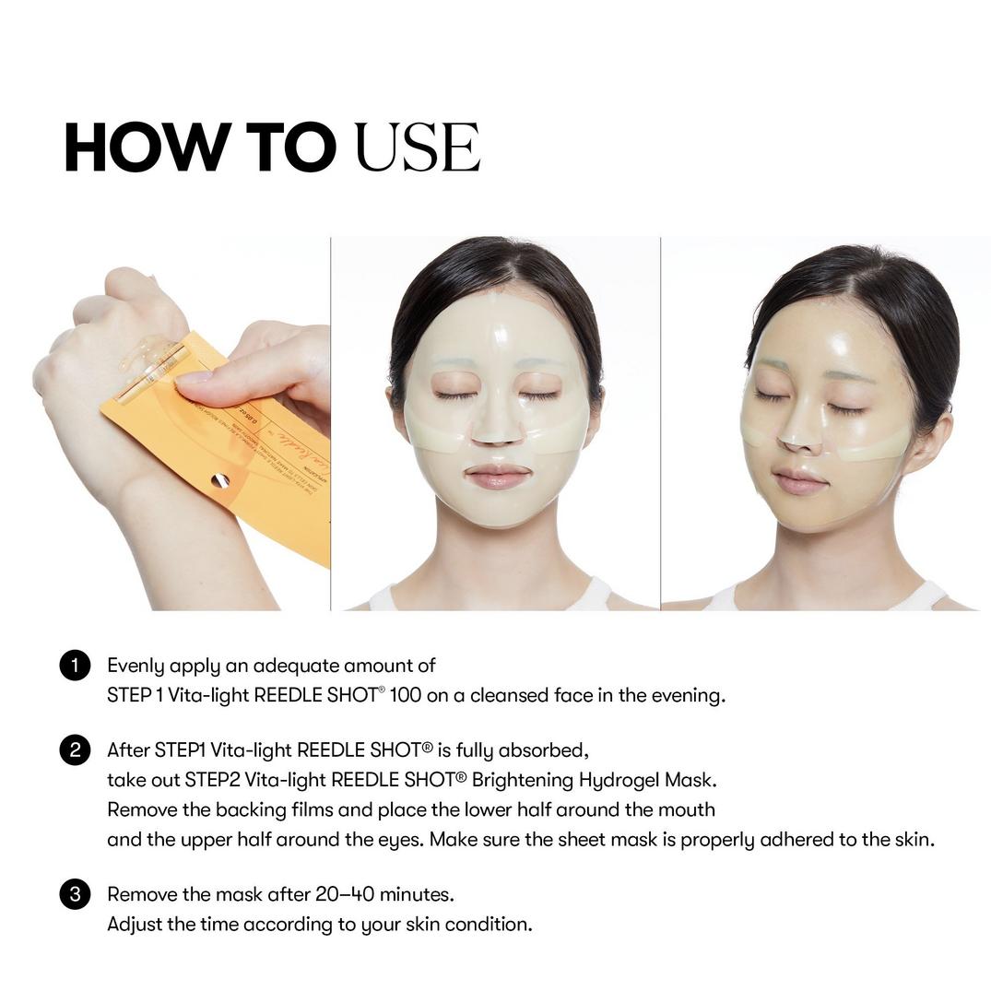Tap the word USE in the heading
pos(417,147)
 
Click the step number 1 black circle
pos(75,666)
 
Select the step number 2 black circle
pos(75,750)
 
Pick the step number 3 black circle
pos(75,894)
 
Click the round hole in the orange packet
pos(219,480)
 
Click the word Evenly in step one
pos(135,666)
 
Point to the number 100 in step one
pos(406,695)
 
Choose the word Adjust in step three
pos(135,924)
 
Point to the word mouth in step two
pos(687,809)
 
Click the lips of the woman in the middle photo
pos(498,477)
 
